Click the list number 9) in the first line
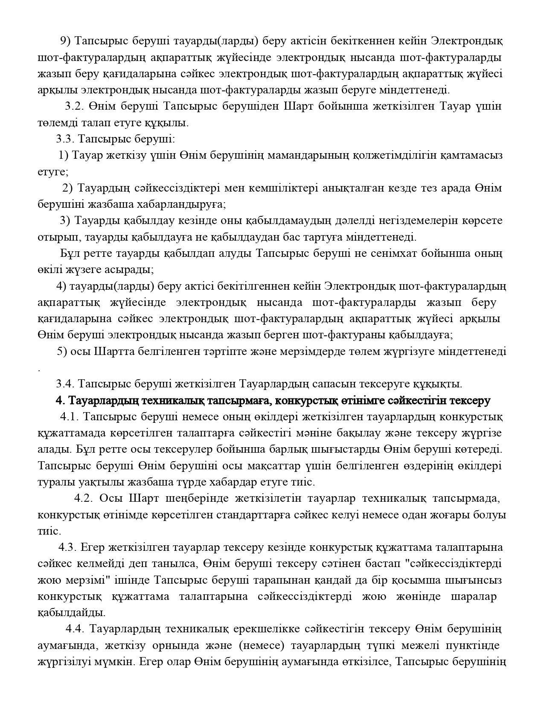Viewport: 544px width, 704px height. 65,41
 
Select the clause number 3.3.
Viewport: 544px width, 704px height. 65,139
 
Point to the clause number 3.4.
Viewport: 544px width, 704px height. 65,384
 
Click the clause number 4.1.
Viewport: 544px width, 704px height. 70,417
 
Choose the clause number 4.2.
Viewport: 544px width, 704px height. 84,498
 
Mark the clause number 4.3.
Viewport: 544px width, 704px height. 68,547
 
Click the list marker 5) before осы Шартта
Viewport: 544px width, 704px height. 62,352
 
